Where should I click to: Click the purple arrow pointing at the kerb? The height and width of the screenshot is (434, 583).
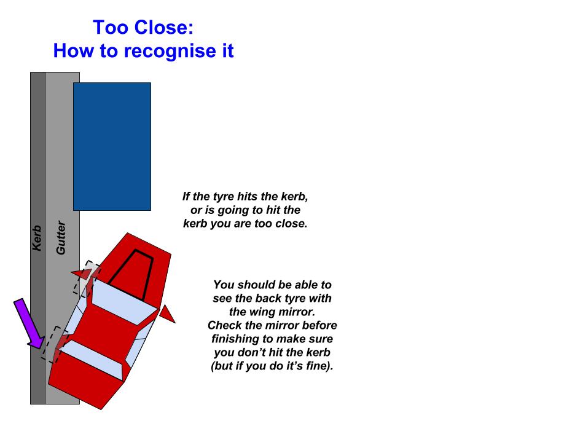(29, 324)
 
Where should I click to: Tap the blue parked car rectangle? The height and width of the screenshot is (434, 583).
(112, 147)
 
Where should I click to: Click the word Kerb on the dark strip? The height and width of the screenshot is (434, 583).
(37, 239)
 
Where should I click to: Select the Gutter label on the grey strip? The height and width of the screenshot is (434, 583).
(61, 237)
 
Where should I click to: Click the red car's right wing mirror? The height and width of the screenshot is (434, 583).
(167, 314)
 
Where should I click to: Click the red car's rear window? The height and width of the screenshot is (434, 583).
(92, 360)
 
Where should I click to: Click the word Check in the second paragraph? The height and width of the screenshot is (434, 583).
(225, 325)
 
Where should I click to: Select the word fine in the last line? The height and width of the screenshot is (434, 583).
(318, 366)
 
